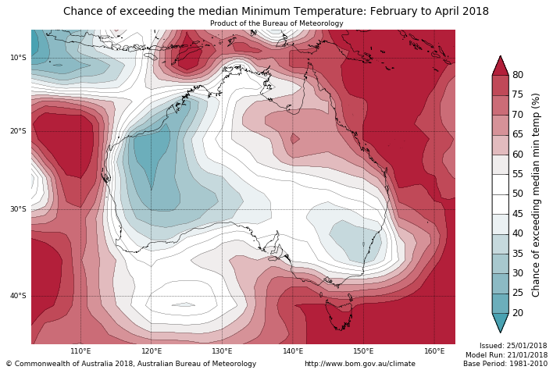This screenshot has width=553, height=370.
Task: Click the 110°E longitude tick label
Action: pos(80,351)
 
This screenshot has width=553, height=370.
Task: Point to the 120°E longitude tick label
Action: pos(152,351)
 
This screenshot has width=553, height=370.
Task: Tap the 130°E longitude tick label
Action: pos(222,351)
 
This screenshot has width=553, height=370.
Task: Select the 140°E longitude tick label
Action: pos(293,351)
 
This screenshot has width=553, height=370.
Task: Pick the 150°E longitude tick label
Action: pos(363,351)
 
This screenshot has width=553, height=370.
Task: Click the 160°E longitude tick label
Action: pos(434,351)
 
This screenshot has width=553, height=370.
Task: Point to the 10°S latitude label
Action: pos(18,58)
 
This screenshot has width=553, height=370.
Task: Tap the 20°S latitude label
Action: pos(18,131)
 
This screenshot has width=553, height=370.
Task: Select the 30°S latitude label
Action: pos(18,209)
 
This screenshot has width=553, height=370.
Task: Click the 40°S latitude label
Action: pos(18,296)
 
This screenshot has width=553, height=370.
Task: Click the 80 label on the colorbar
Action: pos(517,75)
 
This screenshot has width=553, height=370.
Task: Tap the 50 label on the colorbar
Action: pos(517,194)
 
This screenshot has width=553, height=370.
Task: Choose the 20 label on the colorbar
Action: pos(517,313)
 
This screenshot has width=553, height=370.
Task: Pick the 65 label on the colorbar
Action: pos(517,134)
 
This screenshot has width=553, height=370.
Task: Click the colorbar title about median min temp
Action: pos(536,194)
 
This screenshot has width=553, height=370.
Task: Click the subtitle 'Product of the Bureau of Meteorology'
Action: pos(276,23)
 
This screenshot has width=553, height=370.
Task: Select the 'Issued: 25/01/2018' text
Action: pos(512,346)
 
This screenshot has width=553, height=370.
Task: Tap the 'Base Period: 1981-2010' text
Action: pos(505,364)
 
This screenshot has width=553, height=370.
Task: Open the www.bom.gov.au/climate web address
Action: pos(359,364)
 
